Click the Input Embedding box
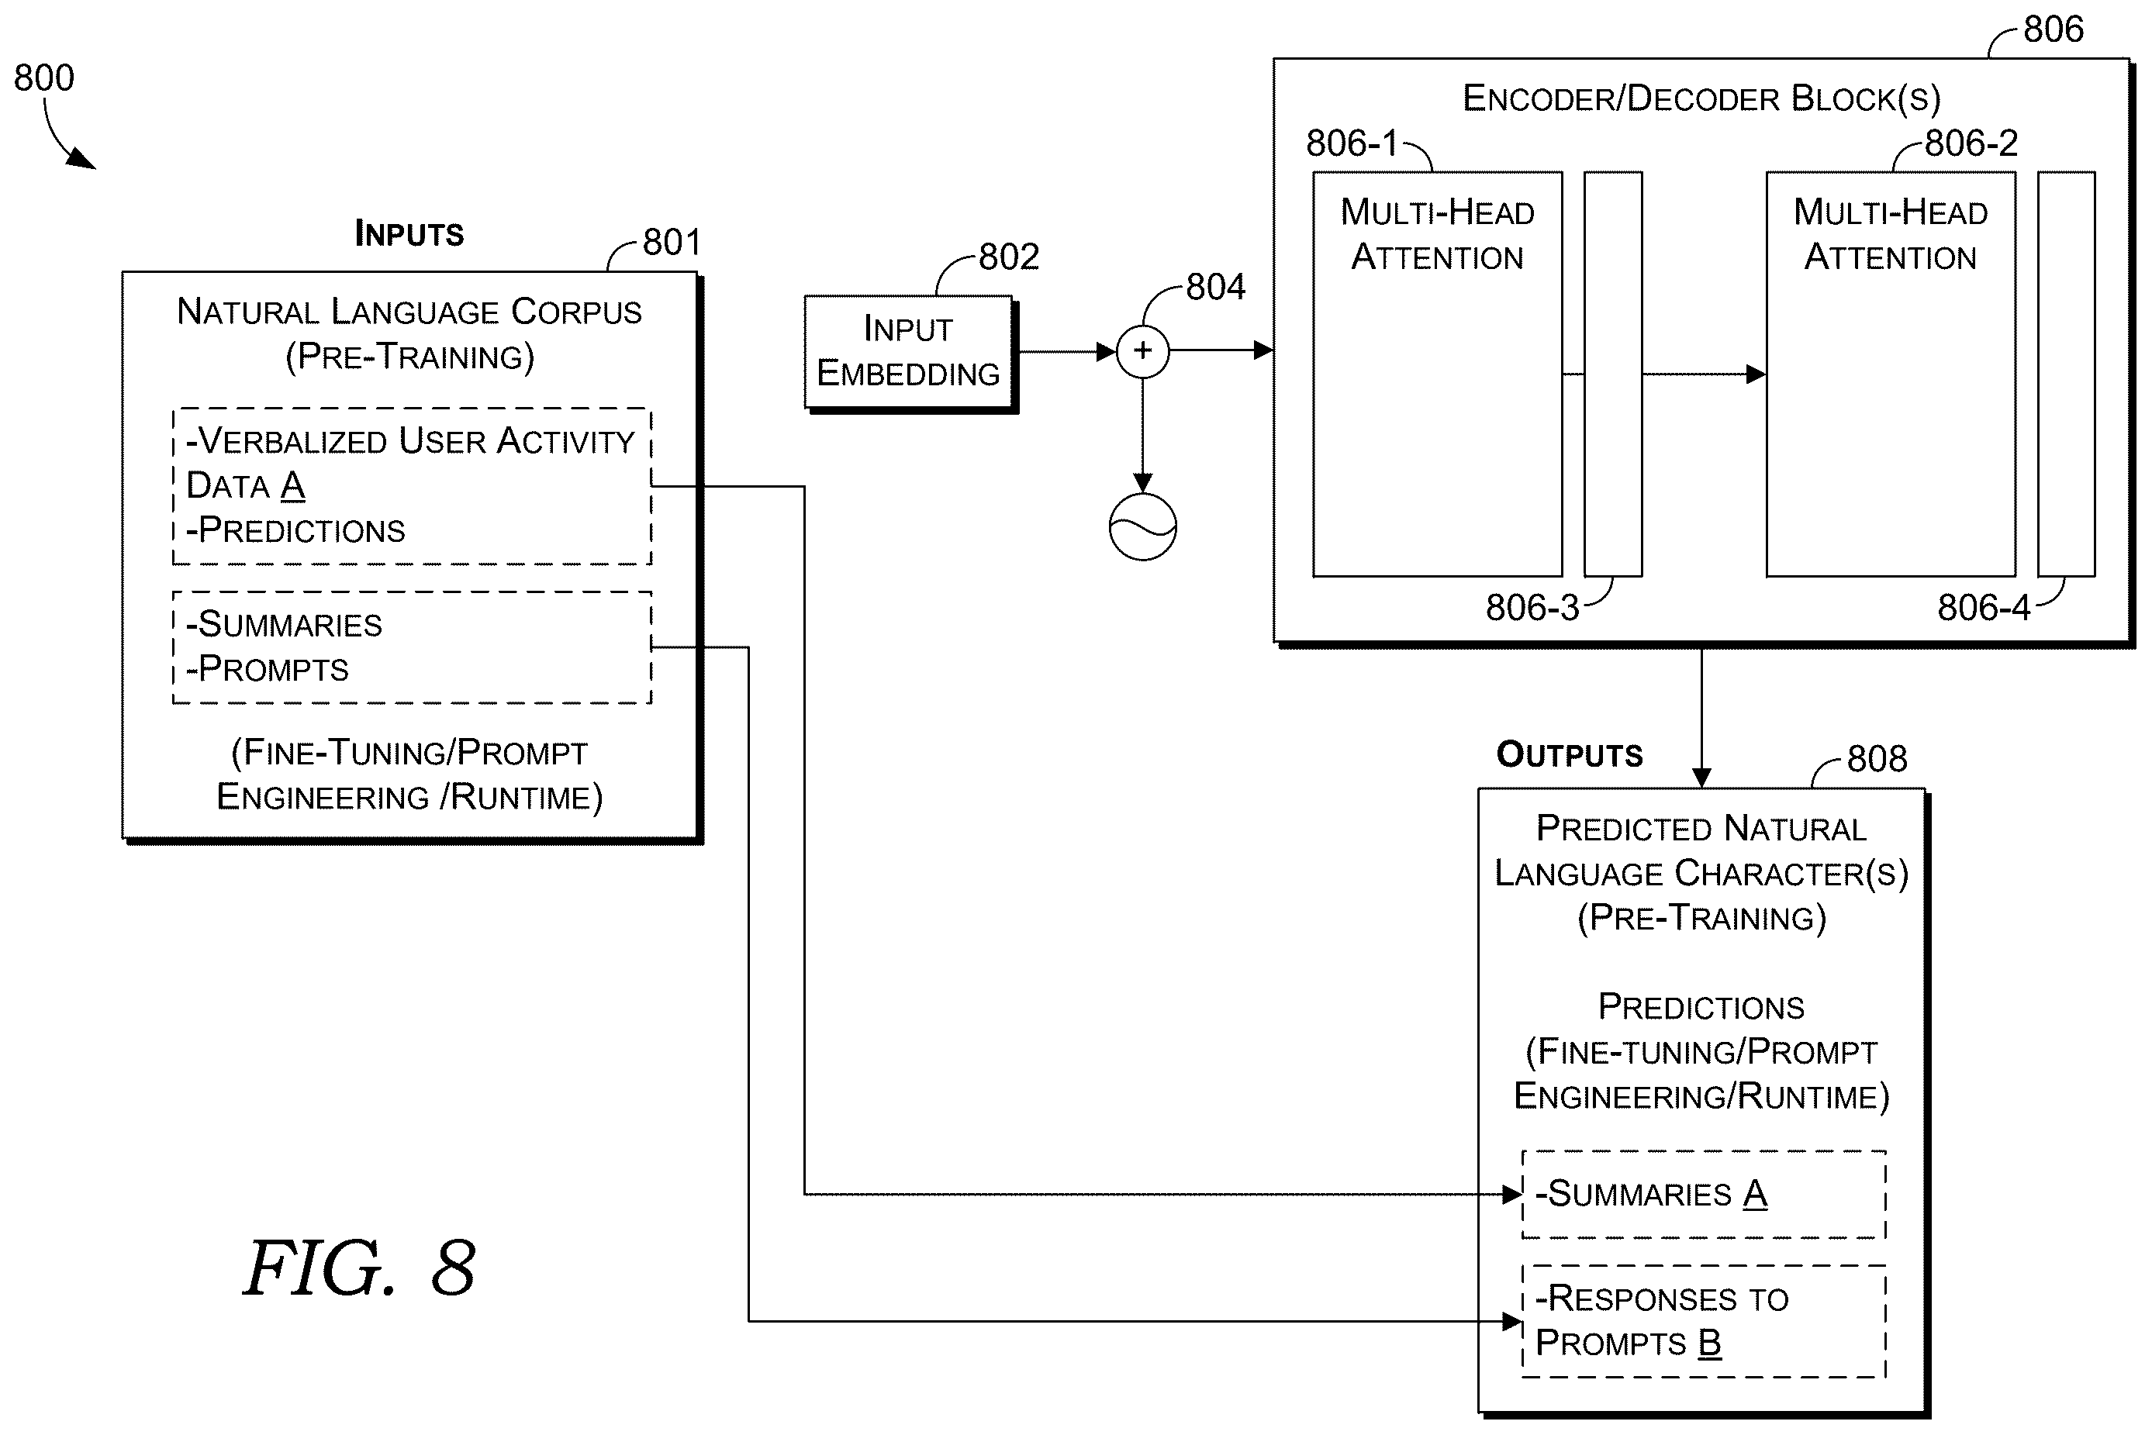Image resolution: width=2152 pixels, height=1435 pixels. click(x=910, y=354)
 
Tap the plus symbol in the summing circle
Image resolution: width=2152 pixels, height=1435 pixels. click(x=1142, y=350)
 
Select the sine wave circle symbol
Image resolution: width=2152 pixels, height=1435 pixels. click(x=1142, y=527)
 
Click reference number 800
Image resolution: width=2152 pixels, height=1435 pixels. click(x=44, y=78)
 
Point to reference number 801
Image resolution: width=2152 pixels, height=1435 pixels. click(x=672, y=243)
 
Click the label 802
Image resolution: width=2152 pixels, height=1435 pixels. click(x=1009, y=257)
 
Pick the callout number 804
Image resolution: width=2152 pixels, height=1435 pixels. click(x=1216, y=288)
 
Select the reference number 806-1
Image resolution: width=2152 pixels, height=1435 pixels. click(x=1352, y=143)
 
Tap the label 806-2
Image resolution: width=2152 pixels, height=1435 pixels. click(x=1971, y=143)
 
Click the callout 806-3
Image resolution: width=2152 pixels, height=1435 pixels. click(x=1532, y=608)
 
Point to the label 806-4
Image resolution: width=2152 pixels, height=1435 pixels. click(x=1984, y=608)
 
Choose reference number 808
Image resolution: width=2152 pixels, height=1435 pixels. click(x=1877, y=759)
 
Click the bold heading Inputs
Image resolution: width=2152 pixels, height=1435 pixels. click(x=409, y=233)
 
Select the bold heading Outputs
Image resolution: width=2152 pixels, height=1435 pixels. click(x=1569, y=754)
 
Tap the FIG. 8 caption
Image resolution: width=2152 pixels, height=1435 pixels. click(x=359, y=1268)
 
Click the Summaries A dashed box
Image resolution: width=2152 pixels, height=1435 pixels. click(x=1704, y=1195)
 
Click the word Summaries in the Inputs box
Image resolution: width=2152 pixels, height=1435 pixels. click(x=290, y=624)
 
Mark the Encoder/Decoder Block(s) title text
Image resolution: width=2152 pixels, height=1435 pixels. click(x=1701, y=98)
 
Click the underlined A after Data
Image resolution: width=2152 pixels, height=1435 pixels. click(x=293, y=485)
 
